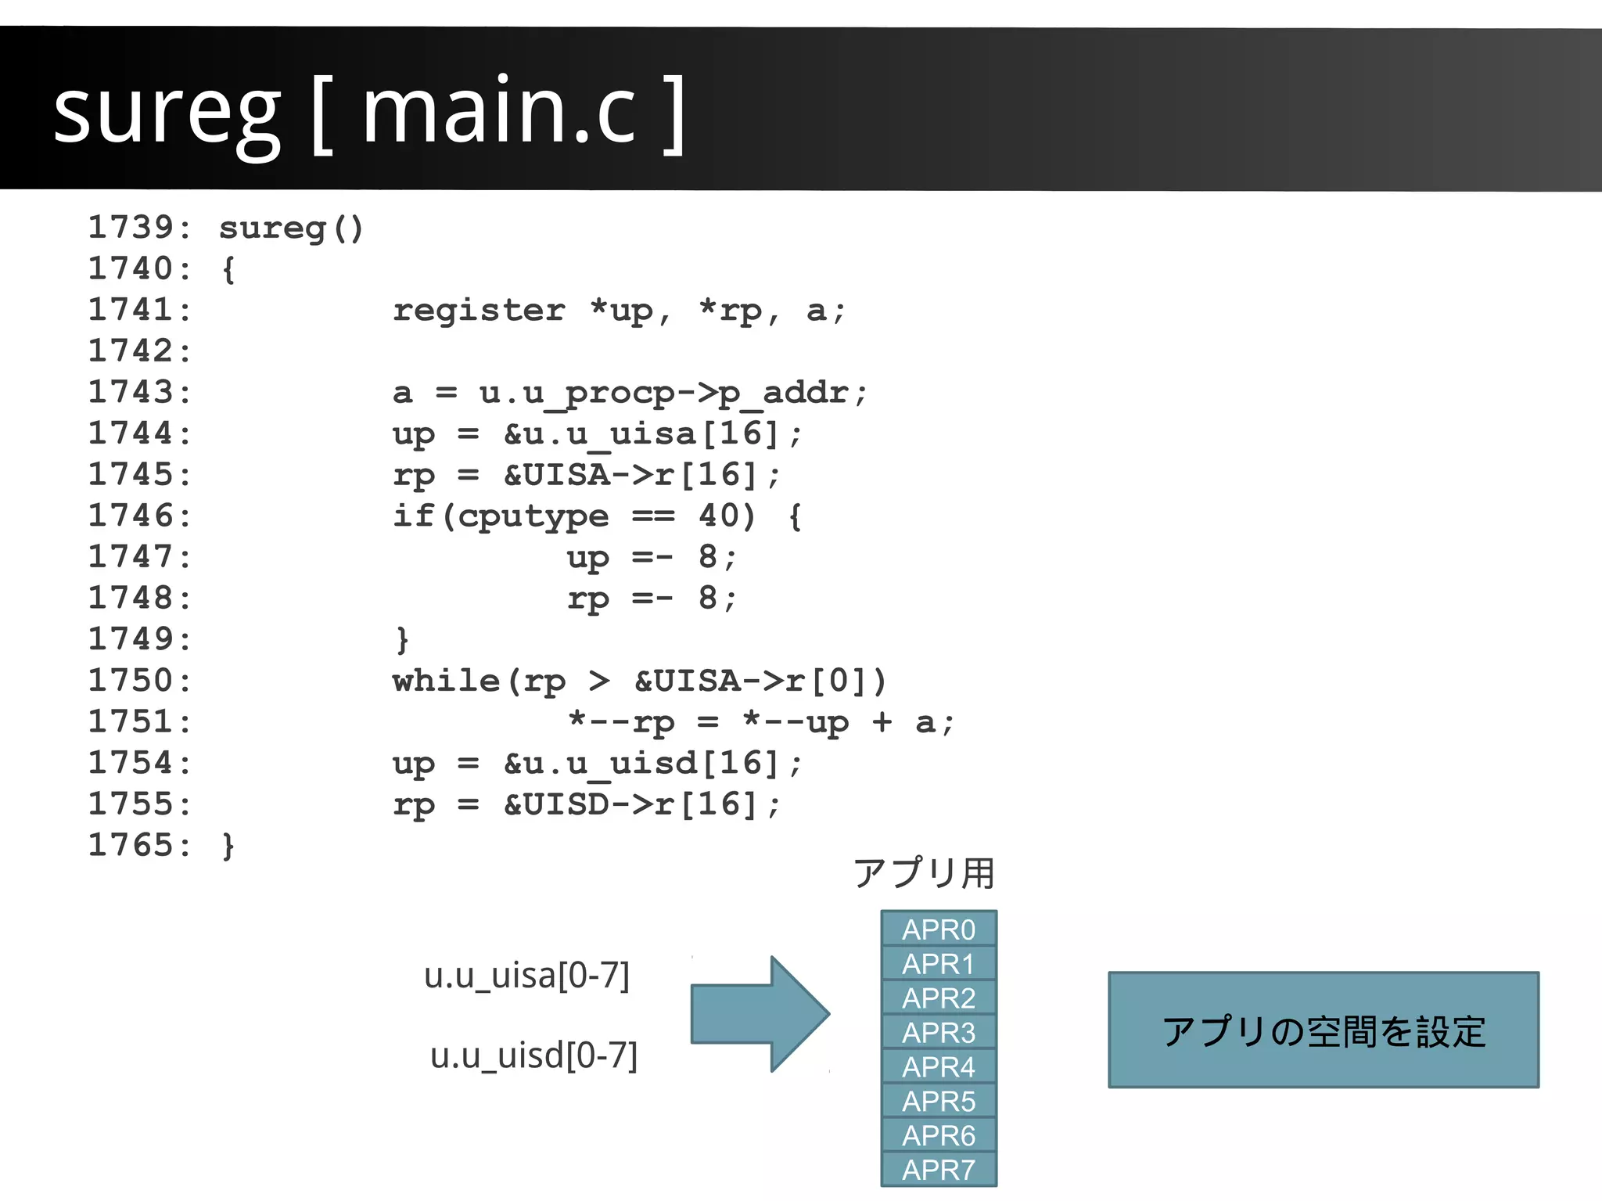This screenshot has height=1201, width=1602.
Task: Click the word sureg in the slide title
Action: tap(166, 113)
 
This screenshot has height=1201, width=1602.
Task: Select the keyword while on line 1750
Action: tap(446, 681)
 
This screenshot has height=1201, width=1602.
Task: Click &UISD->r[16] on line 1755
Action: tap(641, 804)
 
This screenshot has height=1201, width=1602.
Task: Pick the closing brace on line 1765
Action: tap(228, 846)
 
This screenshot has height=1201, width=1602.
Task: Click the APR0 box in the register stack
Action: tap(939, 929)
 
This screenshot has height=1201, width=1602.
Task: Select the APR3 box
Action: tap(939, 1032)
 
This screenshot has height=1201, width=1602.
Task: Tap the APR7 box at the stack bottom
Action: tap(939, 1170)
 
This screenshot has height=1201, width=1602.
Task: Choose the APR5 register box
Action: tap(939, 1101)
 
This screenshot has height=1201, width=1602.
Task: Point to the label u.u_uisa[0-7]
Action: tap(526, 976)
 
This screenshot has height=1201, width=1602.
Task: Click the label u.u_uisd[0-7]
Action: tap(533, 1055)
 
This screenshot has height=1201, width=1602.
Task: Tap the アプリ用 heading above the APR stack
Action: tap(923, 873)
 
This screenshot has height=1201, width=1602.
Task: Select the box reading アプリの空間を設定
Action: tap(1324, 1030)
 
